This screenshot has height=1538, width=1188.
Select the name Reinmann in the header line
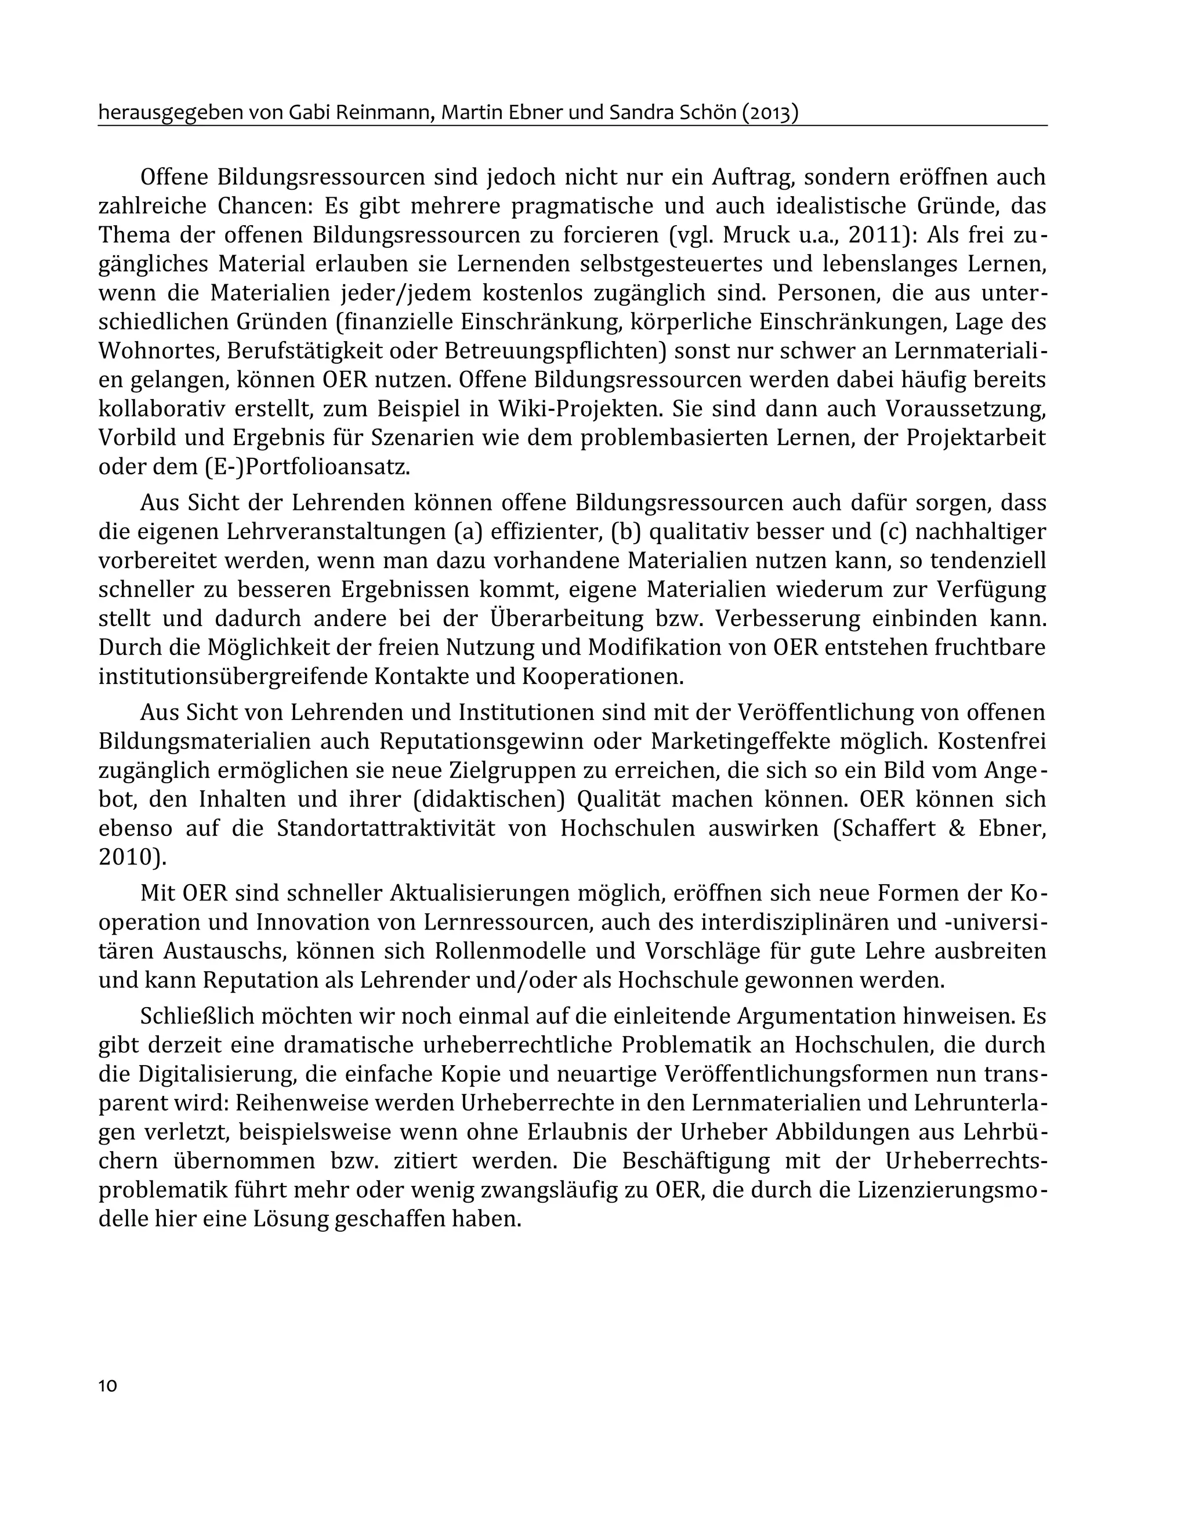point(388,113)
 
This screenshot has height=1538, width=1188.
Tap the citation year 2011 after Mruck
point(875,234)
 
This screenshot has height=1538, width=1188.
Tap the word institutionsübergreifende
point(233,676)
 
